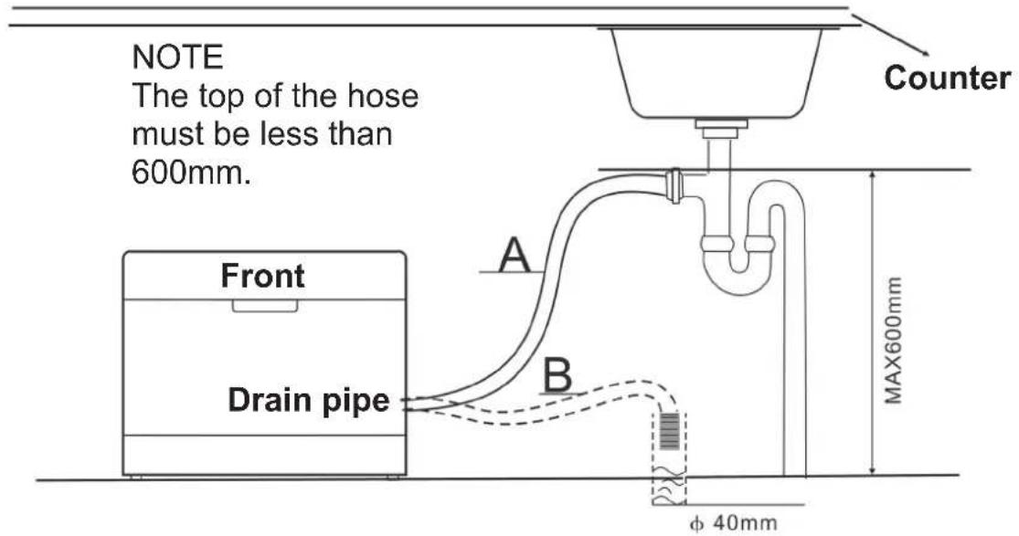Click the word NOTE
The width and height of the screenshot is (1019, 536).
[177, 59]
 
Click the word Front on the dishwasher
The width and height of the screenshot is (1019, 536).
[263, 275]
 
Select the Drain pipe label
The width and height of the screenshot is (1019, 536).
[308, 400]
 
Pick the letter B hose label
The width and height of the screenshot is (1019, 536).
[558, 374]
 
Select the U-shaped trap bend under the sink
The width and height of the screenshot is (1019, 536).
[738, 274]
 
